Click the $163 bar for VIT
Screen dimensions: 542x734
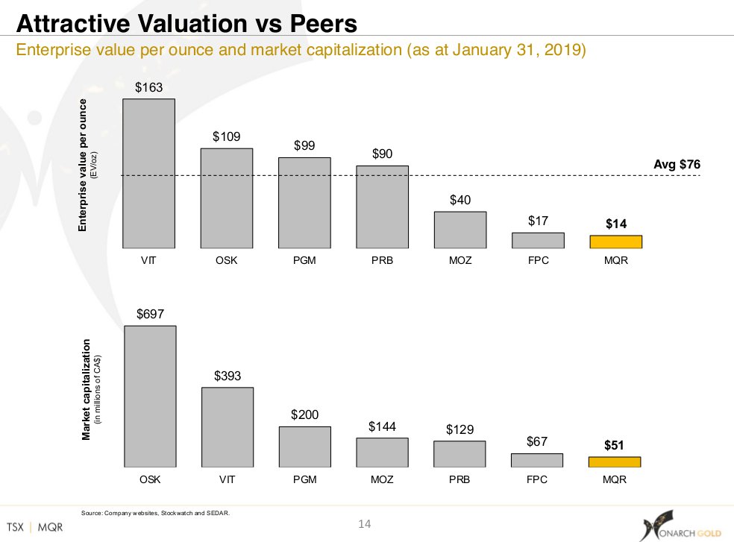pos(148,173)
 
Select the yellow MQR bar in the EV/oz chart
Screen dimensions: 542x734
pos(615,242)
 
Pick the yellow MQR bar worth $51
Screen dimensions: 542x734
pos(615,461)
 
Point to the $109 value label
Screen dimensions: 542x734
pos(226,136)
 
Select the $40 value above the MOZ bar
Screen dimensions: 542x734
pos(460,200)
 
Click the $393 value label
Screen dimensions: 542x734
pos(227,376)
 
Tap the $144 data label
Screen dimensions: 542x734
pos(383,426)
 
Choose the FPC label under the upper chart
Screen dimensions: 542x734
pos(537,262)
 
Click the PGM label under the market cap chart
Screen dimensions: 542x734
pos(304,479)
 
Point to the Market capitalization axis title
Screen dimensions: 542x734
pos(87,389)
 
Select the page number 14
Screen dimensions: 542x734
pos(365,525)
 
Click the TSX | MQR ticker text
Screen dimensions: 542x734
pos(35,526)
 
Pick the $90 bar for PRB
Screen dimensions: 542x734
pos(382,207)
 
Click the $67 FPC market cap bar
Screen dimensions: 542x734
pos(537,460)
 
